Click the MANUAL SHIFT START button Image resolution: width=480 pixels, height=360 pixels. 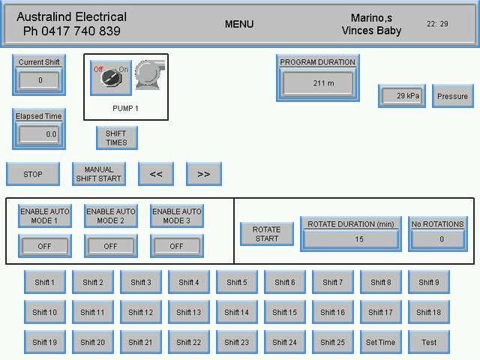tap(99, 174)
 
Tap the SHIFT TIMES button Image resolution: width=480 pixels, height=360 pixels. tap(116, 138)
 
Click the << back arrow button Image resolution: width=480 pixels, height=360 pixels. tap(156, 174)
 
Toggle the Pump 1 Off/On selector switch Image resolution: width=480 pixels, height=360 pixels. tap(111, 77)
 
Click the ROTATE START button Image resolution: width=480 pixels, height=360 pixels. tap(266, 234)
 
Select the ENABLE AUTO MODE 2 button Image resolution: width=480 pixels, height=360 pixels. tap(111, 216)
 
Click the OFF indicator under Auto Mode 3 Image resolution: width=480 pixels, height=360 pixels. tap(176, 246)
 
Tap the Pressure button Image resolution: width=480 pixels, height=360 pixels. tap(452, 96)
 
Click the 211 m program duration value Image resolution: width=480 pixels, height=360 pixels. tap(318, 83)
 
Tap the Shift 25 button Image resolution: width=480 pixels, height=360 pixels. tap(332, 342)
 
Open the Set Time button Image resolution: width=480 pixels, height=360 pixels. tap(380, 342)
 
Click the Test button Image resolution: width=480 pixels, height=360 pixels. tap(429, 342)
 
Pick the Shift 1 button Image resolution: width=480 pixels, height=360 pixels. tap(44, 282)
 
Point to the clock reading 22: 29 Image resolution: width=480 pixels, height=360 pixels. tap(437, 24)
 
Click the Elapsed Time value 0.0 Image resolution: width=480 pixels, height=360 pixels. tap(39, 134)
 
